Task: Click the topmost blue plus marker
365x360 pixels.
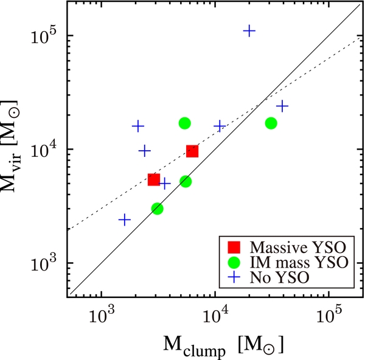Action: [x=249, y=31]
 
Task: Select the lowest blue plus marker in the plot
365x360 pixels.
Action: [x=124, y=220]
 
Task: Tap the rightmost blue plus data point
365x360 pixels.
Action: [x=282, y=106]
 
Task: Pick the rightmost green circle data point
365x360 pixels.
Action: [x=271, y=123]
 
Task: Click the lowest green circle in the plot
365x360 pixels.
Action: [x=157, y=209]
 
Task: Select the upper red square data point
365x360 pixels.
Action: [x=192, y=151]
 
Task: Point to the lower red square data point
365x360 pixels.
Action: [x=154, y=179]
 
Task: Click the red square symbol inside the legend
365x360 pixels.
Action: [x=234, y=247]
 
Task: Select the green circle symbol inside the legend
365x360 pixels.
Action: [x=234, y=263]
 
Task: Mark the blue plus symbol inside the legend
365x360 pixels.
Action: [x=234, y=278]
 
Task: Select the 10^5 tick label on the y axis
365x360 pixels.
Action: [x=44, y=35]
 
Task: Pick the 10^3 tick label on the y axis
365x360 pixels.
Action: [x=44, y=263]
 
